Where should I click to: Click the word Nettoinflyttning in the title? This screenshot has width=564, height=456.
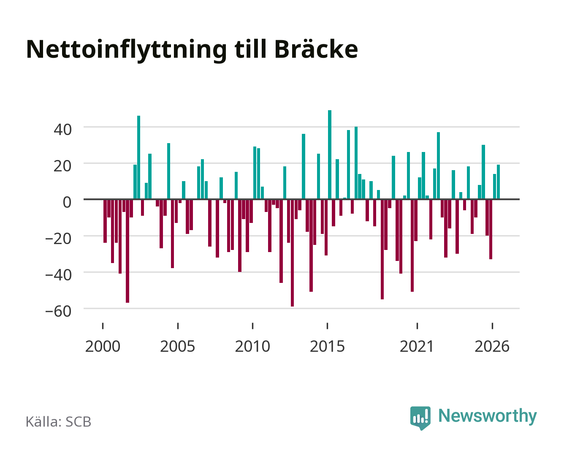coord(126,50)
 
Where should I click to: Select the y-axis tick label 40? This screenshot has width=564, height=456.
coord(62,130)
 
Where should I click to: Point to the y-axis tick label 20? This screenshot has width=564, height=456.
coord(62,166)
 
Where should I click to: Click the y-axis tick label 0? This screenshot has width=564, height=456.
coord(67,202)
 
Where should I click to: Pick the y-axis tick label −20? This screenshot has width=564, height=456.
coord(58,239)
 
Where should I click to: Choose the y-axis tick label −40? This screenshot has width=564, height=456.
coord(58,275)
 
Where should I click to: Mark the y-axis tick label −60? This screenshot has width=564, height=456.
coord(58,311)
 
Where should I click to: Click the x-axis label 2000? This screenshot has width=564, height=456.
coord(103,346)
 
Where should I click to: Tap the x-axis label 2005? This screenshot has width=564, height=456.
coord(178,346)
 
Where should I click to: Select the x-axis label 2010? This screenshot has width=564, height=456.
coord(252,346)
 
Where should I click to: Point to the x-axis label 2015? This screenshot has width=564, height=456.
coord(328,346)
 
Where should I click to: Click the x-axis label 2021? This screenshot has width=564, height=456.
coord(417,346)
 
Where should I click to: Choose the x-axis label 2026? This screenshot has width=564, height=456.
coord(492,346)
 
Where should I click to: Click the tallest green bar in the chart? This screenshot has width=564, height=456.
coord(330,155)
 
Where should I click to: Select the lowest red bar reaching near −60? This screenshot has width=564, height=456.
coord(292,253)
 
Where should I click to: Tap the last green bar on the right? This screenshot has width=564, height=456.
coord(498,182)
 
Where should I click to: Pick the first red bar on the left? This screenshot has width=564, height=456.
coord(105,221)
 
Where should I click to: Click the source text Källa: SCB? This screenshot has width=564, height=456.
coord(59,421)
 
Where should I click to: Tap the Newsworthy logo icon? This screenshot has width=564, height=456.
coord(420,418)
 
